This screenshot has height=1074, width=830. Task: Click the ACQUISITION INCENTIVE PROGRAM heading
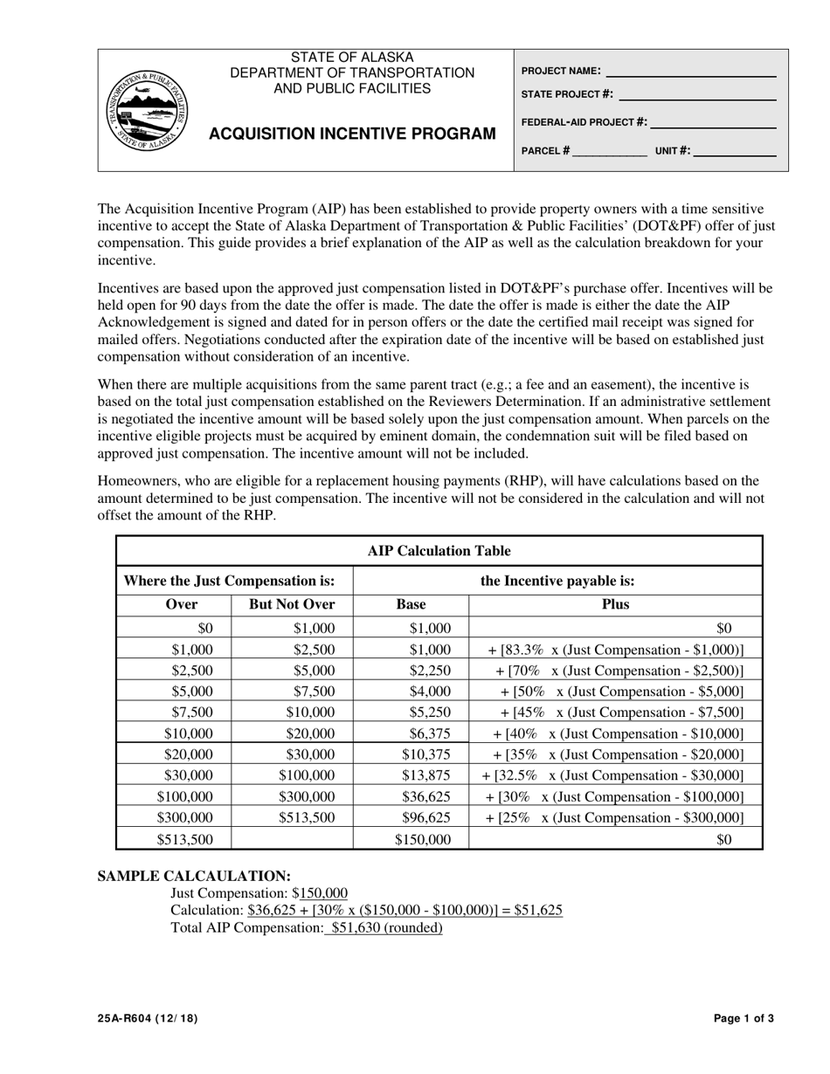point(352,134)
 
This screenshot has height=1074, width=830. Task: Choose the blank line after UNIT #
point(735,151)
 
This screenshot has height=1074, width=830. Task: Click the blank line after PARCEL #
point(610,151)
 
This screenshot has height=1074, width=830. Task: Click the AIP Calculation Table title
point(439,551)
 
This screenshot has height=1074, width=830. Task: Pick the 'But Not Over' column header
point(292,604)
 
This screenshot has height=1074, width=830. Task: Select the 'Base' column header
point(411,604)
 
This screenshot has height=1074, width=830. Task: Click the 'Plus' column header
point(615,604)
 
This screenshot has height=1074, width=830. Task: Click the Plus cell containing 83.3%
point(615,650)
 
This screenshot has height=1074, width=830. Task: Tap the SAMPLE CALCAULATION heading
point(194,876)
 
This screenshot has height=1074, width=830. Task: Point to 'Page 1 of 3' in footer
point(744,1018)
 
